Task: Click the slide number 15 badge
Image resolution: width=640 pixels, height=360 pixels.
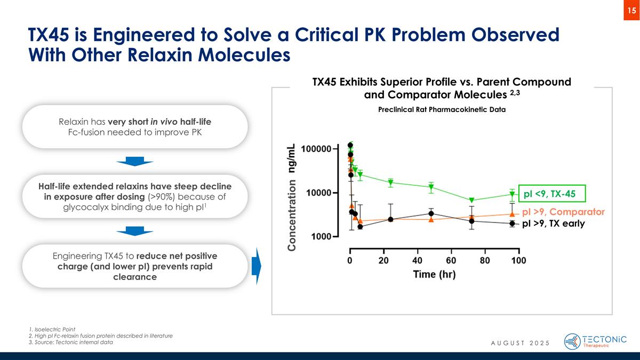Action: pos(631,11)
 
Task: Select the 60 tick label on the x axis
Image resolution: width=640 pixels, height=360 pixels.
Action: pos(451,261)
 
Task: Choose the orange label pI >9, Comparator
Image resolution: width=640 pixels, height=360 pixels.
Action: pos(563,212)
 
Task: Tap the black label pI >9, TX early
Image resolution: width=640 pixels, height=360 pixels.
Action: pos(553,224)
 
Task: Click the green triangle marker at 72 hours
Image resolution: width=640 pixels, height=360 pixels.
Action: pos(471,201)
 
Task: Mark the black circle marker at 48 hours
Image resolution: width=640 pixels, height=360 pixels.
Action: pos(431,213)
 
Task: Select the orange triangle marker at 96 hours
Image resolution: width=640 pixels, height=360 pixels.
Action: pos(512,214)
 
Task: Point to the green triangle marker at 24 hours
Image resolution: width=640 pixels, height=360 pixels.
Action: pos(390,182)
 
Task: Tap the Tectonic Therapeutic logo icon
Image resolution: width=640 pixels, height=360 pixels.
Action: pos(572,341)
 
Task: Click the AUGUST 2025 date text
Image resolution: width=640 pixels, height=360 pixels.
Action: pos(520,342)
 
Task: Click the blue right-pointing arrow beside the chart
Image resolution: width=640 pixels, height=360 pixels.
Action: pos(255,266)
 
